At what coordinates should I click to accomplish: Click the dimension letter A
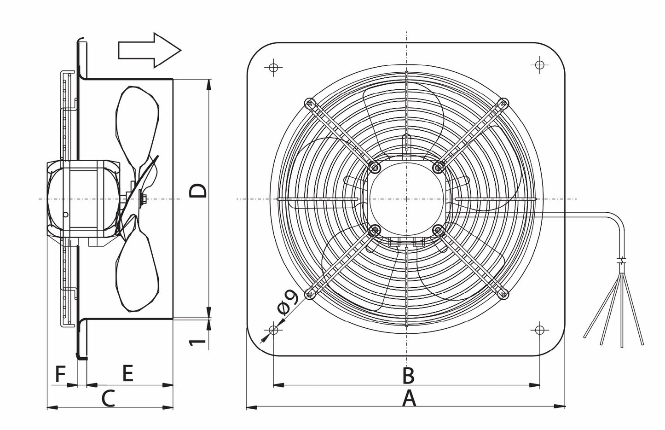tap(409, 398)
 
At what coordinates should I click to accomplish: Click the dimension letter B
tap(408, 376)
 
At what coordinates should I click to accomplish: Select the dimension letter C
tap(108, 398)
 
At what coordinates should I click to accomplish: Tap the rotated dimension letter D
tap(199, 190)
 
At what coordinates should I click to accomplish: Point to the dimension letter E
tap(127, 373)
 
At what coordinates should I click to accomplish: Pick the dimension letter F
tap(60, 374)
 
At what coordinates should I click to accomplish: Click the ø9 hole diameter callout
tap(289, 302)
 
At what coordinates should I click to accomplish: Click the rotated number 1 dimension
tap(197, 341)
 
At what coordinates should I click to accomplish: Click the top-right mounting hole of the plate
tap(540, 65)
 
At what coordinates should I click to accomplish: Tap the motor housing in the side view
tap(83, 198)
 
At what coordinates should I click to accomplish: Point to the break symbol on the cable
tap(623, 261)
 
